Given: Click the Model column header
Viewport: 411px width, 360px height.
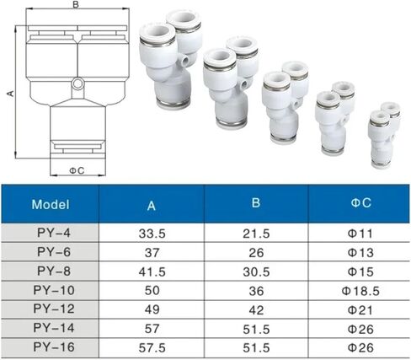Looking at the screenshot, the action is (51, 204).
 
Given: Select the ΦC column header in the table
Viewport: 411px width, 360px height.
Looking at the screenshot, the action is (360, 202).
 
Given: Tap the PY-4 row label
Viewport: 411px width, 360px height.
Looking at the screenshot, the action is (54, 233).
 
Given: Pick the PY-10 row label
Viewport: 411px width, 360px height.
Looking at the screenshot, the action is (54, 290).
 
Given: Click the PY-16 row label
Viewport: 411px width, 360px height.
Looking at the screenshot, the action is (54, 347).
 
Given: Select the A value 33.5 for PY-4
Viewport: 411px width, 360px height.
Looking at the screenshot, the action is (152, 234).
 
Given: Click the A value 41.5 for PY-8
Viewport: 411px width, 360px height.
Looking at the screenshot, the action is (152, 272).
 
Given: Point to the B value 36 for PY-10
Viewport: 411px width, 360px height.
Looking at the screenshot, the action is (256, 291).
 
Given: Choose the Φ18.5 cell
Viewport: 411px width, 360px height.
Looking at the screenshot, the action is (360, 291).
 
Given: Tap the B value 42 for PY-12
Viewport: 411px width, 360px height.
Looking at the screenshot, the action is (256, 310).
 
